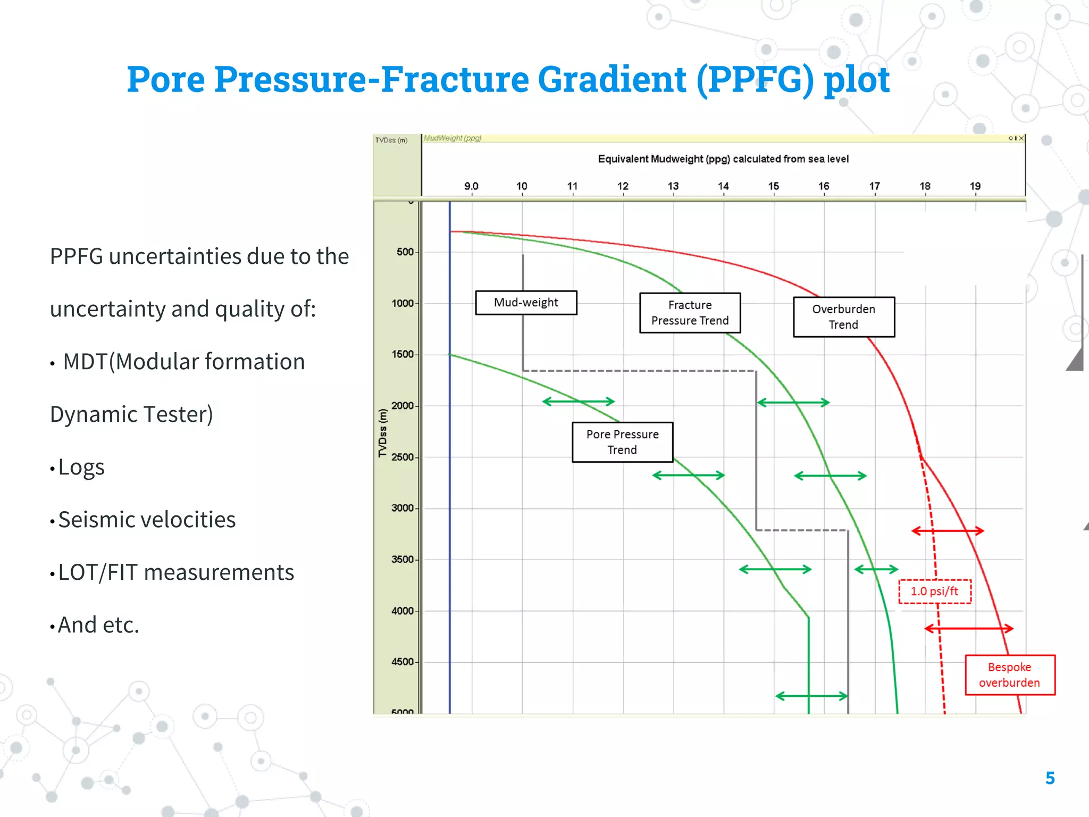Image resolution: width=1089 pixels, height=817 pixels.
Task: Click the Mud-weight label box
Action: point(526,303)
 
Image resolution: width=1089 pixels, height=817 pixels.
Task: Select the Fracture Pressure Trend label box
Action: point(690,313)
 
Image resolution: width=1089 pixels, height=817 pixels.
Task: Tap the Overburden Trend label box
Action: point(843,317)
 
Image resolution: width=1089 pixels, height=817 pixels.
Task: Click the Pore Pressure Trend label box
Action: point(622,442)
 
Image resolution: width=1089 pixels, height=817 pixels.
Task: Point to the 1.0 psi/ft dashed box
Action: point(934,591)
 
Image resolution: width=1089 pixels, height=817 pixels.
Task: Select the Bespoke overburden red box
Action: point(1009,675)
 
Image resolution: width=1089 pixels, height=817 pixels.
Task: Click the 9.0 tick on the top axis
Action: point(471,186)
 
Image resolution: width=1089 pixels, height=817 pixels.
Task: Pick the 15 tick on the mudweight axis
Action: point(773,186)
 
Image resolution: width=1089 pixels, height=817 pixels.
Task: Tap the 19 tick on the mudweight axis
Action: point(975,186)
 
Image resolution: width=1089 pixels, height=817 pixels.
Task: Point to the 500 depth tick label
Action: point(405,252)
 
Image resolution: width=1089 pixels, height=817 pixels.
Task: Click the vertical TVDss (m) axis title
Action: point(382,433)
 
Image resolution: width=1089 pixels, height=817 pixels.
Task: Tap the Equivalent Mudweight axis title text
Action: point(723,159)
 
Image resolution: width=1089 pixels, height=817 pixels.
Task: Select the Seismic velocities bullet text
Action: point(147,520)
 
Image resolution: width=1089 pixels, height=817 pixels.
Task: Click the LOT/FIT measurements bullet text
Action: point(175,572)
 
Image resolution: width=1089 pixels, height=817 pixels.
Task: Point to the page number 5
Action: point(1050,778)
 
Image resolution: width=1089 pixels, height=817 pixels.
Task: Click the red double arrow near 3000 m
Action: point(948,531)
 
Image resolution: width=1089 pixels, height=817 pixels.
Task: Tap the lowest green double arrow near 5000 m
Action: point(811,696)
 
